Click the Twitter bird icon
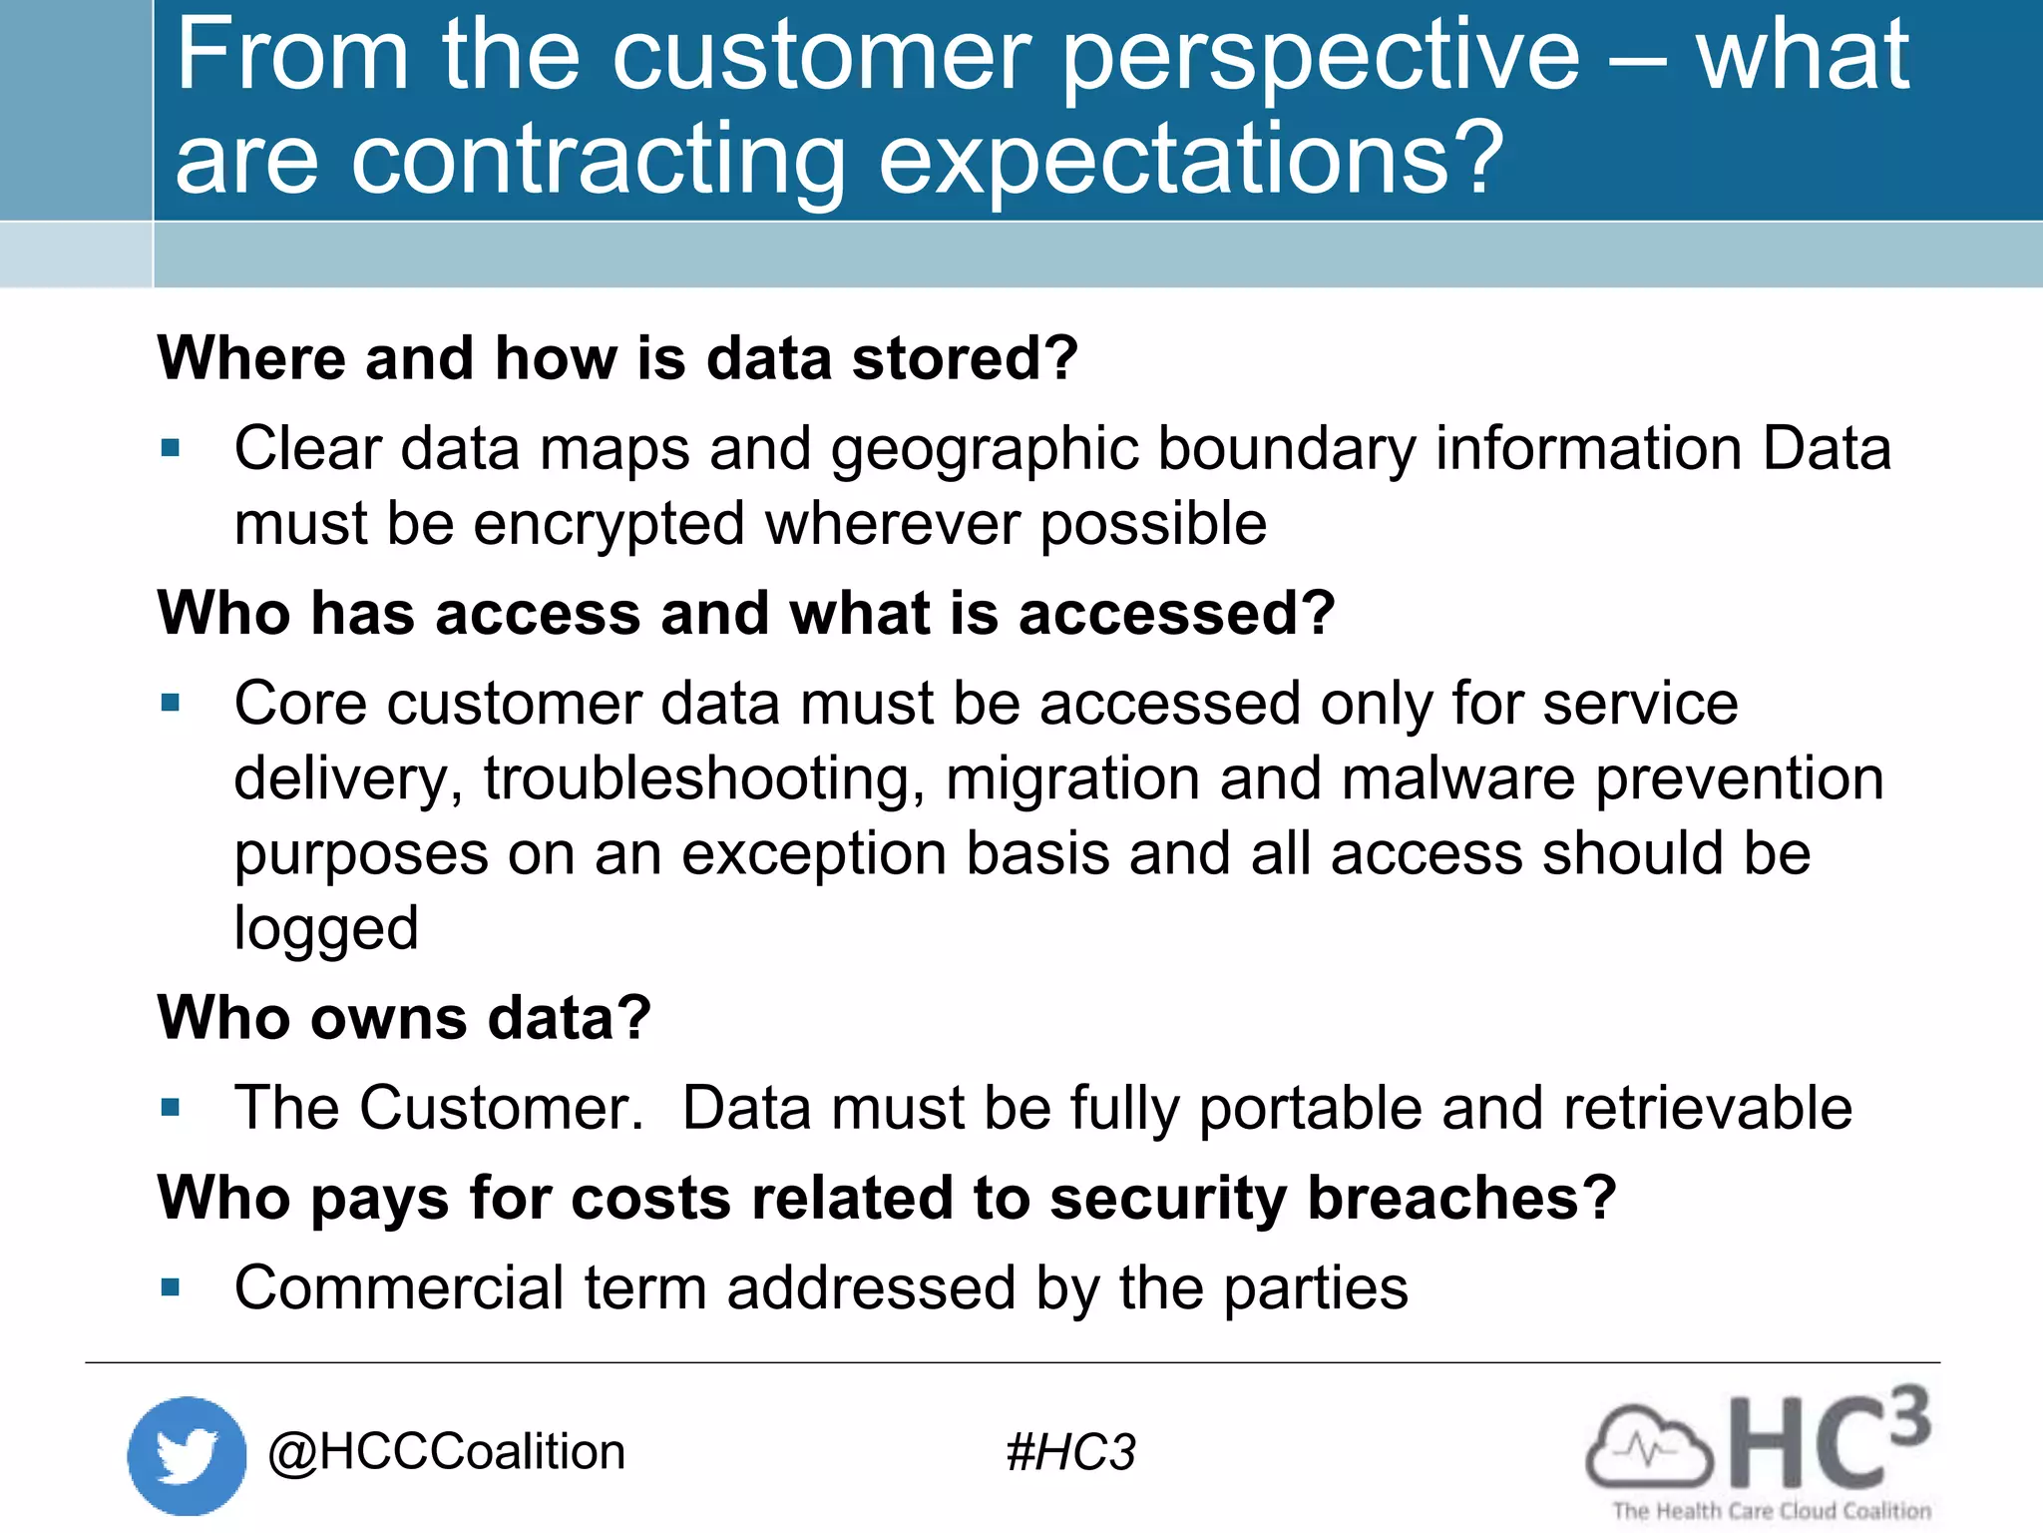tap(187, 1455)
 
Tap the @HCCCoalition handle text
tap(446, 1452)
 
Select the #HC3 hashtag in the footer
tap(1070, 1452)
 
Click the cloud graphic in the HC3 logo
tap(1648, 1447)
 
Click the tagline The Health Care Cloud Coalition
tap(1772, 1511)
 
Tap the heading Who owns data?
tap(404, 1018)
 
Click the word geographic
tap(985, 448)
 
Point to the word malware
tap(1457, 778)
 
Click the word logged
tap(325, 929)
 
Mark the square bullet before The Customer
tap(171, 1107)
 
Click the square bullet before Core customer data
tap(171, 703)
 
